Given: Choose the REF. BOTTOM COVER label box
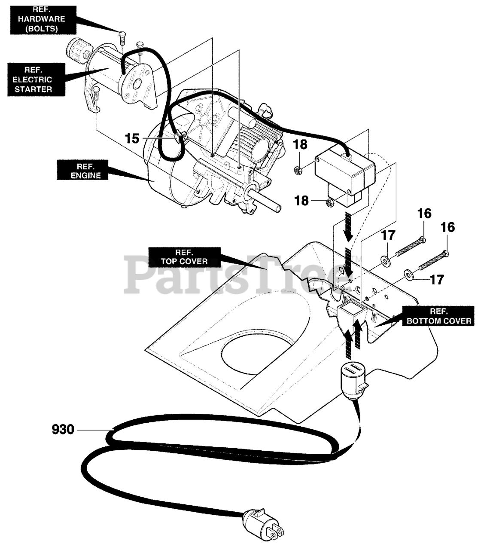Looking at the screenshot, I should (x=438, y=316).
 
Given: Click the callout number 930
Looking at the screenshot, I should (x=63, y=429).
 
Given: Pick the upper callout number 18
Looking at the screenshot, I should (x=301, y=145).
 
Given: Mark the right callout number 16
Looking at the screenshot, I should (x=447, y=227).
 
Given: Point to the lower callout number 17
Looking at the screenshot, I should (x=437, y=280).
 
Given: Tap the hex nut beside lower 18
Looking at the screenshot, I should (x=331, y=202).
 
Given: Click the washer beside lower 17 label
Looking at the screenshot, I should (x=407, y=274).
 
